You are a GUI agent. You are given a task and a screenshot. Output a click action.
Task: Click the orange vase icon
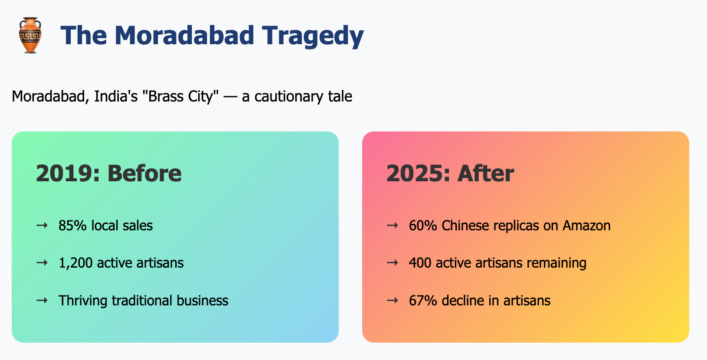[x=30, y=35]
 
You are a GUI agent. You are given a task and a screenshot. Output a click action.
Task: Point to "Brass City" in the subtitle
[x=180, y=97]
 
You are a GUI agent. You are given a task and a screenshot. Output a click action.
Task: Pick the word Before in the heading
[x=144, y=173]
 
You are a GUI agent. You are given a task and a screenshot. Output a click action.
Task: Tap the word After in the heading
[x=486, y=173]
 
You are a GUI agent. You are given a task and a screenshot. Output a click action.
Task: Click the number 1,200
[x=76, y=263]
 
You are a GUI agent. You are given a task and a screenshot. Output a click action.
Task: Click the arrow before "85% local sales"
[x=42, y=225]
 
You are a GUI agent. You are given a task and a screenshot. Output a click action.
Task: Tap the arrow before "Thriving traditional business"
[x=42, y=300]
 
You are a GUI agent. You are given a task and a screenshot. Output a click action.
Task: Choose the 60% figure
[x=423, y=226]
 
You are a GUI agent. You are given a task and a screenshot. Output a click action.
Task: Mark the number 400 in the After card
[x=420, y=263]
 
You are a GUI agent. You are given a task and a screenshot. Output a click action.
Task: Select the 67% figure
[x=423, y=301]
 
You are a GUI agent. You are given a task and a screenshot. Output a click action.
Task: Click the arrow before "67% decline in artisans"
[x=393, y=300]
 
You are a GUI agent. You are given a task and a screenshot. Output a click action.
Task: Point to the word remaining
[x=556, y=263]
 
